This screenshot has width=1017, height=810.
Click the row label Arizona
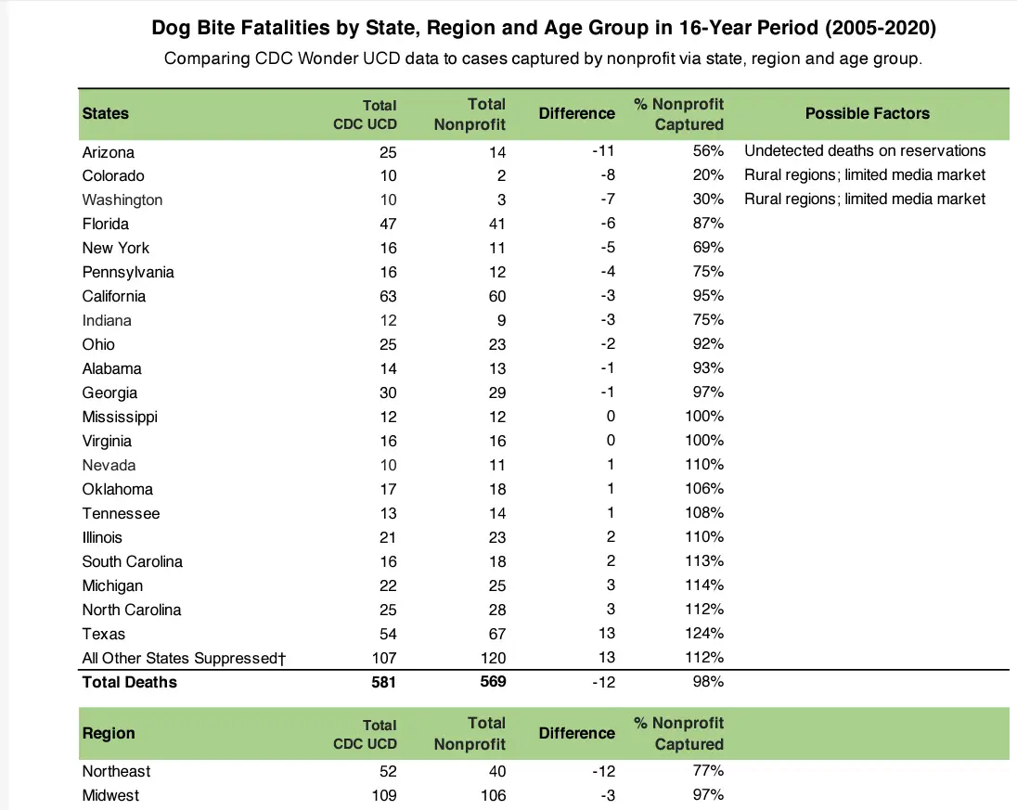coord(109,152)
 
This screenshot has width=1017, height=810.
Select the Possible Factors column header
coord(867,113)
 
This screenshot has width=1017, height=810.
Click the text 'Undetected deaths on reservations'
coord(864,151)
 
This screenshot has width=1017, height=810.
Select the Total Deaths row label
coord(129,682)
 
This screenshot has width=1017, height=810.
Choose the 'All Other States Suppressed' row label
coord(182,659)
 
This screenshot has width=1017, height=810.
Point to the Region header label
coord(109,733)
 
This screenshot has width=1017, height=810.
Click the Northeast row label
coord(116,771)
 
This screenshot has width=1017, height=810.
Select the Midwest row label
coord(110,795)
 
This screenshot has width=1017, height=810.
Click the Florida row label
coord(106,225)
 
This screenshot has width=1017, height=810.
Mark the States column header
coord(106,113)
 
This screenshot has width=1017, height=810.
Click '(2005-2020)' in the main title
coord(879,29)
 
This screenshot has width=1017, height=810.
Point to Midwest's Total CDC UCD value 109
coord(382,795)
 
